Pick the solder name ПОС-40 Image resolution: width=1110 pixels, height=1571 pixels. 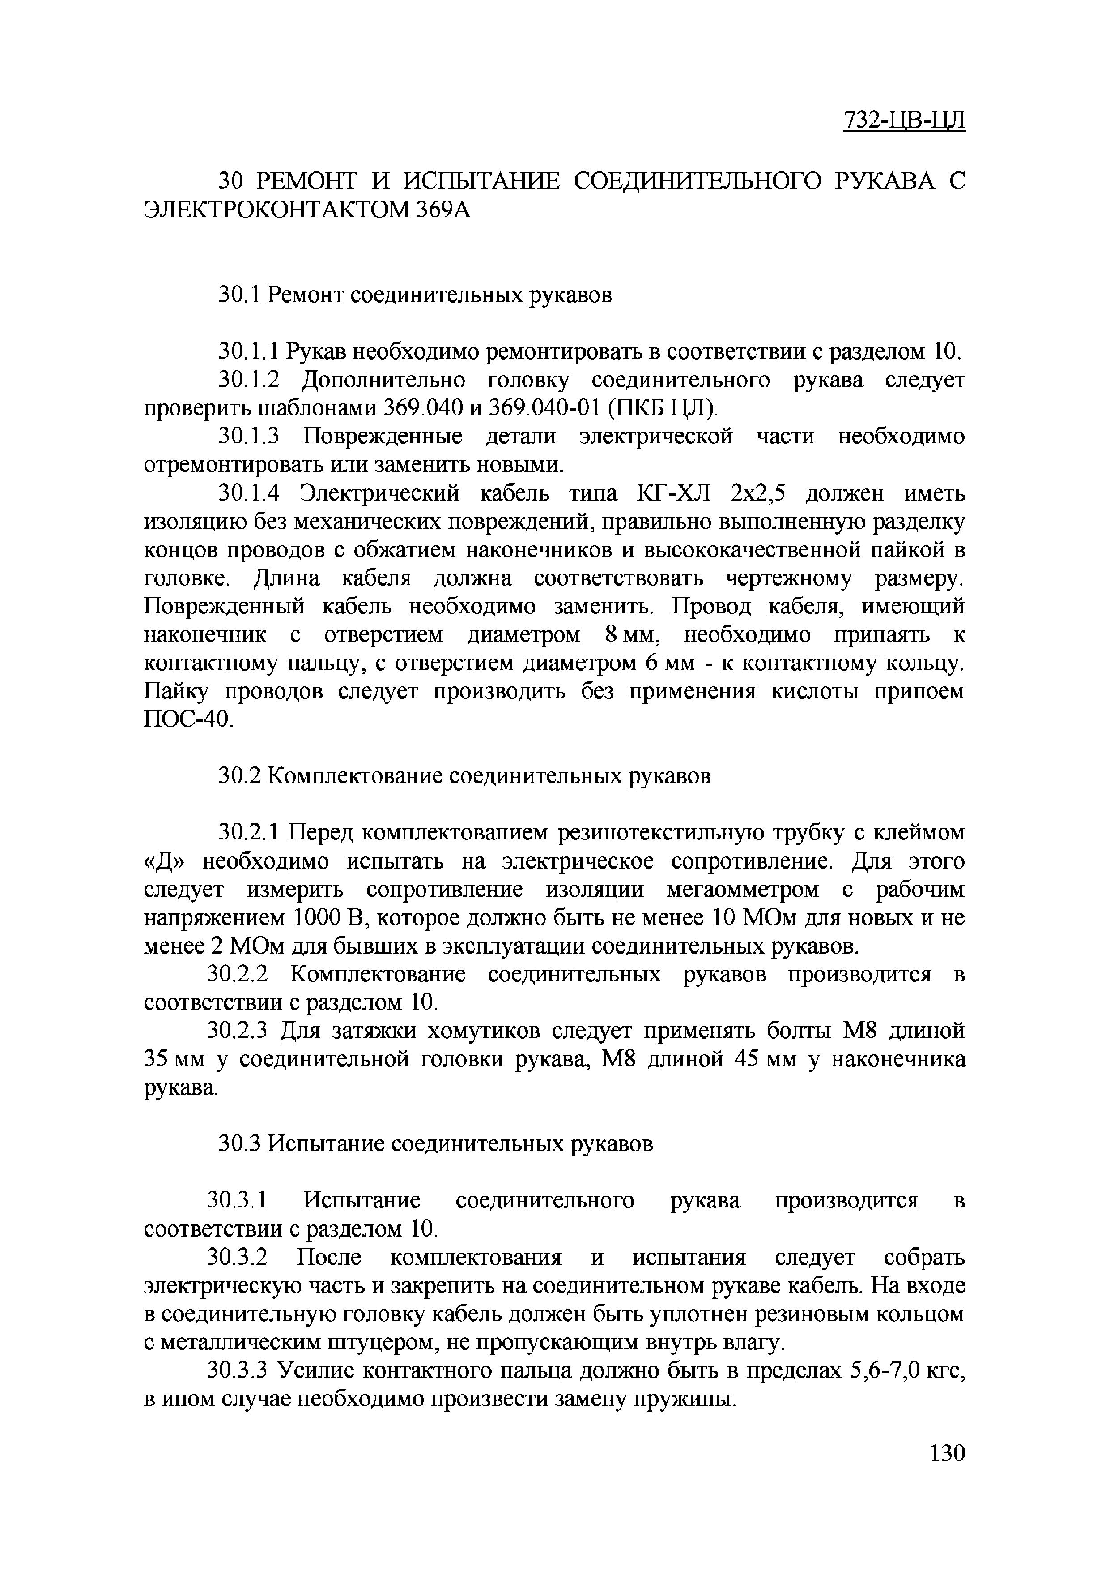188,720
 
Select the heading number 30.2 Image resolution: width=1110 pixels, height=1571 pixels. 239,777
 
